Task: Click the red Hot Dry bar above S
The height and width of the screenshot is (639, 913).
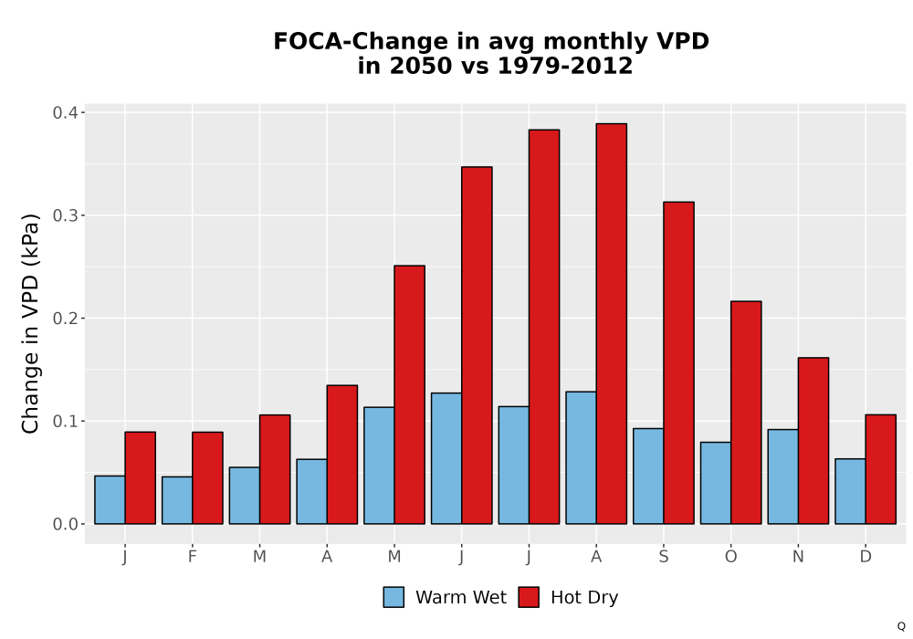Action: coord(678,363)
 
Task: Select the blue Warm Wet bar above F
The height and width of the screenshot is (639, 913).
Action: coord(177,500)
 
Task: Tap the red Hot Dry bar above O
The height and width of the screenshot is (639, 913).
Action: coord(746,413)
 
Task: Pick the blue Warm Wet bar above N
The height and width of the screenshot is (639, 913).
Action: coord(783,477)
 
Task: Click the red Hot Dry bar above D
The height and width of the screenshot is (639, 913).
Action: coord(880,469)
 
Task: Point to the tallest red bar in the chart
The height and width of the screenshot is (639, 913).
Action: coord(612,323)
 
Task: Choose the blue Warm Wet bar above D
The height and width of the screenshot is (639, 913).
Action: coord(850,492)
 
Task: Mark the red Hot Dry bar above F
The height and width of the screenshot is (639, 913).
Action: coord(207,478)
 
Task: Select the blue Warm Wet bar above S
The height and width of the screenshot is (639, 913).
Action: coord(648,477)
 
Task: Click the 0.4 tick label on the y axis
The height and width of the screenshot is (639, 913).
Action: coord(65,112)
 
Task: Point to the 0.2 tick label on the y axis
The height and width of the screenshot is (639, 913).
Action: coord(65,319)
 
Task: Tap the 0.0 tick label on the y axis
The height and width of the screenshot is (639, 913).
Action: coord(65,524)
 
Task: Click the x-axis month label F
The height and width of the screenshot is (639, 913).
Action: coord(192,557)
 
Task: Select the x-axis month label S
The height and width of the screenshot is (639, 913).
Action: coord(664,557)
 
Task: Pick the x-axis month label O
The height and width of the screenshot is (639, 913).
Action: coord(730,557)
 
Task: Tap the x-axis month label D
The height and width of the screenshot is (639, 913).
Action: coord(866,557)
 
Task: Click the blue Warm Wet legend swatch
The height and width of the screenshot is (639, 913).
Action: coord(394,597)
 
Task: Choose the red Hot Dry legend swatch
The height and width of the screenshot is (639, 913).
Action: coord(529,597)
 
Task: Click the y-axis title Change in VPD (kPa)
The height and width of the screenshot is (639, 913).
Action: coord(30,324)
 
